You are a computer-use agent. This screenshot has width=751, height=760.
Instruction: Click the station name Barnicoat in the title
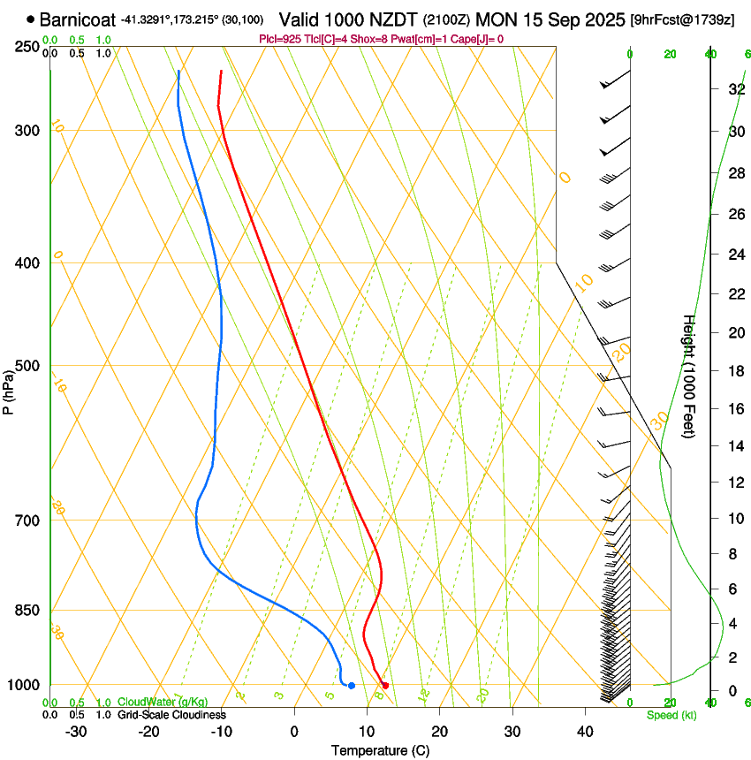coord(78,19)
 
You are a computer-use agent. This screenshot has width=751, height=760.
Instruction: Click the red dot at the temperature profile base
coord(384,686)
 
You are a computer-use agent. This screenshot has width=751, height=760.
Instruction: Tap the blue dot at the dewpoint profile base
coord(352,686)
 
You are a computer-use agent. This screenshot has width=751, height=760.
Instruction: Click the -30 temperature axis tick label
coord(76,731)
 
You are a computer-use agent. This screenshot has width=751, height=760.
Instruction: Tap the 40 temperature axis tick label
coord(585,731)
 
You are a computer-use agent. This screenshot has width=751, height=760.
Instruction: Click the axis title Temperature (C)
coord(380,750)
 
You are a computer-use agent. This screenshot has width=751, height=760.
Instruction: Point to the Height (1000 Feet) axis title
coord(689,376)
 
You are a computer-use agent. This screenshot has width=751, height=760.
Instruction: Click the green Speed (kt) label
coord(671,715)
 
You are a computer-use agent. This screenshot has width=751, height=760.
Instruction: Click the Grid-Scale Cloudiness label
coord(171,715)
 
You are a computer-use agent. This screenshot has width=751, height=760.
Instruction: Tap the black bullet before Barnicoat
coord(31,19)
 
